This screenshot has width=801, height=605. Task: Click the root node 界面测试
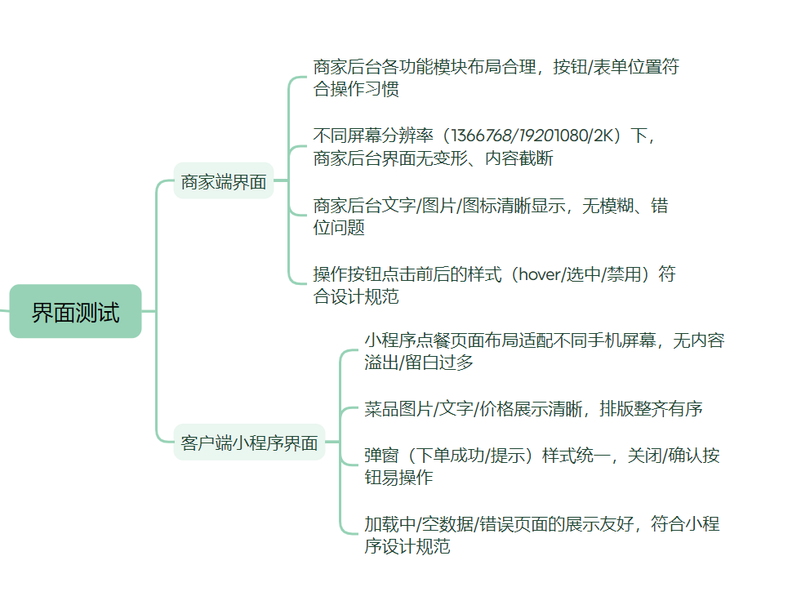[x=75, y=311]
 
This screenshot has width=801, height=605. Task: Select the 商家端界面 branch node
[x=224, y=182]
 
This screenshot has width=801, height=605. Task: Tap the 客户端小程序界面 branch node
[x=249, y=443]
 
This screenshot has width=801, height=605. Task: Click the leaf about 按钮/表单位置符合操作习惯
[x=496, y=78]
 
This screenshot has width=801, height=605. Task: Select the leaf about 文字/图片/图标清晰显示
[x=490, y=216]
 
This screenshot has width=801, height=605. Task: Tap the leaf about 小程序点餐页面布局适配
[x=544, y=351]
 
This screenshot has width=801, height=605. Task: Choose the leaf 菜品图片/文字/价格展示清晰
[x=533, y=409]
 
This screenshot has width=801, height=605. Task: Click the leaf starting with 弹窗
[x=541, y=466]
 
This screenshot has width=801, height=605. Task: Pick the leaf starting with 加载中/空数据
[x=541, y=535]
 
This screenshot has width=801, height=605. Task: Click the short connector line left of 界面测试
[x=4, y=311]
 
